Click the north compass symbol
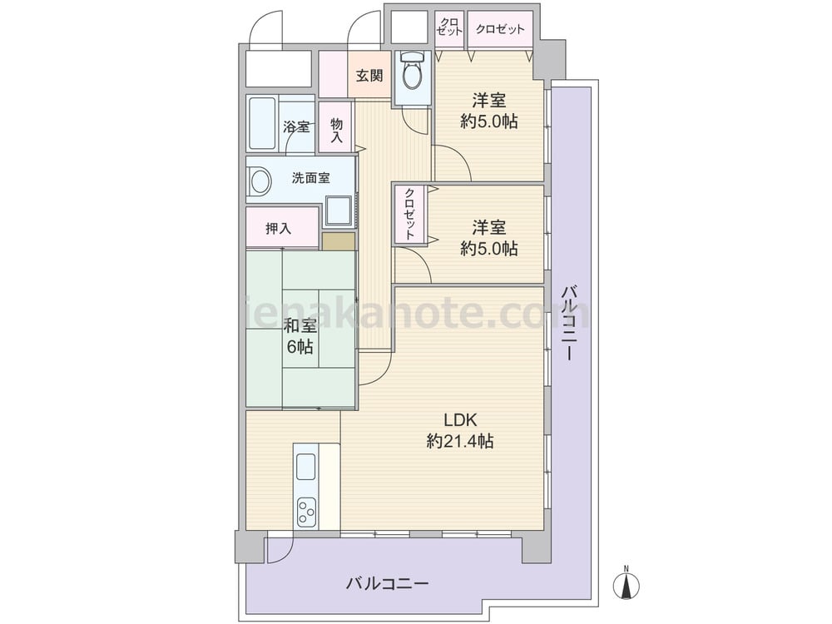pos(626,584)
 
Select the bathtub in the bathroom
pos(263,124)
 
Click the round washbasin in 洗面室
pos(260,181)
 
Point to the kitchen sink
pos(306,468)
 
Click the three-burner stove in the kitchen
pos(306,512)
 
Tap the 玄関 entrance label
pos(369,76)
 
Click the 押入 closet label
pos(279,229)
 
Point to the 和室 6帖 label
pos(300,336)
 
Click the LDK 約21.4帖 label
pos(461,430)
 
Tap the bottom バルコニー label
pos(388,584)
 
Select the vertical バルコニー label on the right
pos(570,323)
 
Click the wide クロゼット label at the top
pos(500,29)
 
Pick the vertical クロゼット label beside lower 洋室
pos(409,215)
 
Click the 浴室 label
pos(295,126)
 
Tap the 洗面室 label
pos(311,178)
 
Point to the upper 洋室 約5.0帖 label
pos(488,111)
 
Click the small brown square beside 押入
pos(338,241)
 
